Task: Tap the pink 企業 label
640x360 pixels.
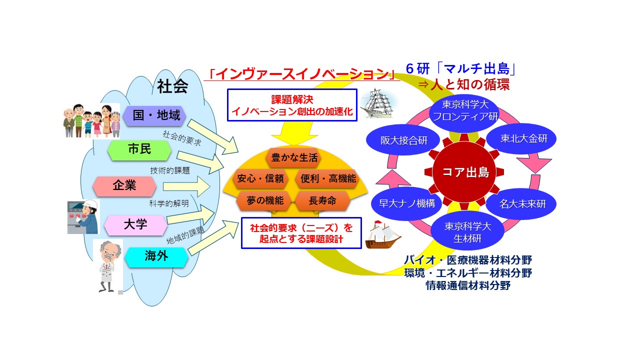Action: coord(124,186)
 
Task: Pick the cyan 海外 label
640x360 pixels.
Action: coord(156,257)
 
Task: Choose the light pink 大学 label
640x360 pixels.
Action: coord(135,224)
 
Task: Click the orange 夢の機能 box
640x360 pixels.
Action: coord(265,201)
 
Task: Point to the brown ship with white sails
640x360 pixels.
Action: coord(383,235)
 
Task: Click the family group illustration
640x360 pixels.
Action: coord(92,121)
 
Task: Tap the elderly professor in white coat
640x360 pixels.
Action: coord(107,266)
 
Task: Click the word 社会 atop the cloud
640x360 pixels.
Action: coord(172,87)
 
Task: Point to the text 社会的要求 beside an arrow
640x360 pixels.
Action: coord(182,138)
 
